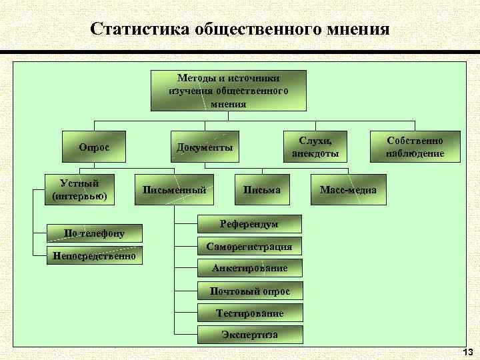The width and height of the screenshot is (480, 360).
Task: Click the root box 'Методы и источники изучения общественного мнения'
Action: [x=229, y=90]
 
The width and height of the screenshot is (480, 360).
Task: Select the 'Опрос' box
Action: [x=94, y=147]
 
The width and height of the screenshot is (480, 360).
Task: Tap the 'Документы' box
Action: [x=204, y=147]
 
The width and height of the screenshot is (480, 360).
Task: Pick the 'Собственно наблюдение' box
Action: [x=414, y=147]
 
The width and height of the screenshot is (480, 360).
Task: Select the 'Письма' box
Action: [x=261, y=190]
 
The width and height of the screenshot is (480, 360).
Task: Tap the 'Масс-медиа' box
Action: [x=348, y=190]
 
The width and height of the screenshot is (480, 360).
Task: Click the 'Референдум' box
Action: [x=249, y=224]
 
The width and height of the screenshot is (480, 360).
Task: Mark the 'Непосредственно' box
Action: [x=94, y=255]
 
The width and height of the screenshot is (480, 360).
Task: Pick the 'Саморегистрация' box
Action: [x=249, y=246]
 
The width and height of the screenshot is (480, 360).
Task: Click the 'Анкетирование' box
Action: [x=249, y=268]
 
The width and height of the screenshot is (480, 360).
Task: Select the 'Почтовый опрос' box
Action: [x=249, y=291]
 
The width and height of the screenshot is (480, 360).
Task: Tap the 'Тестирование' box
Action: [x=249, y=313]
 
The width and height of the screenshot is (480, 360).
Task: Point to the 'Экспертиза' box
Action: [x=249, y=334]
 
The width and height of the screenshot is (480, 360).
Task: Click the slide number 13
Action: [x=467, y=351]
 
